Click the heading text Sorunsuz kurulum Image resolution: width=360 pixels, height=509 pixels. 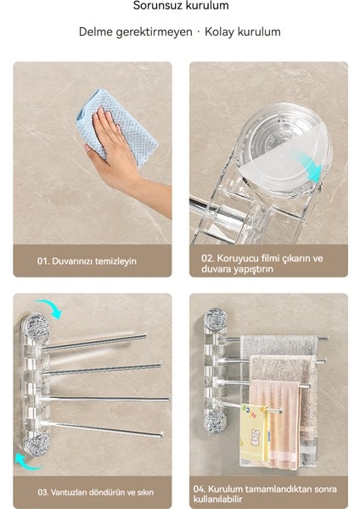(180, 6)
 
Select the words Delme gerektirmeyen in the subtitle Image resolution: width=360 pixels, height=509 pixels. (135, 32)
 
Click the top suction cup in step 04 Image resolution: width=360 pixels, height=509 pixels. (215, 320)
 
